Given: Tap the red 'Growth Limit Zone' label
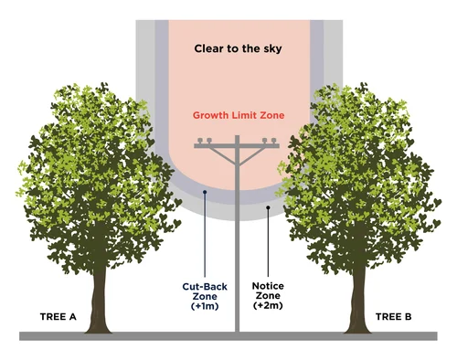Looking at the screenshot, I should tap(238, 116).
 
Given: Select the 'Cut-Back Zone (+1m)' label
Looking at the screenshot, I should tap(205, 297).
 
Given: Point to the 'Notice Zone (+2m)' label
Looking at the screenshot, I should tap(268, 297).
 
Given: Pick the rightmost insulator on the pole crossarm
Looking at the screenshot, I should tap(273, 141).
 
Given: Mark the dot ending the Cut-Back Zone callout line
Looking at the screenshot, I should tap(205, 192).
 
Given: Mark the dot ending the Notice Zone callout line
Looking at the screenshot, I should tap(267, 207).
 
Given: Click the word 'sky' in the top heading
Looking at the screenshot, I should tap(271, 48).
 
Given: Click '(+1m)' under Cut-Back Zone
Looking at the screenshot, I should tap(205, 308).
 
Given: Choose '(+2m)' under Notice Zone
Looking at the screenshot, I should tap(268, 308).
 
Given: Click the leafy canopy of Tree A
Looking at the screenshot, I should tap(91, 174).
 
